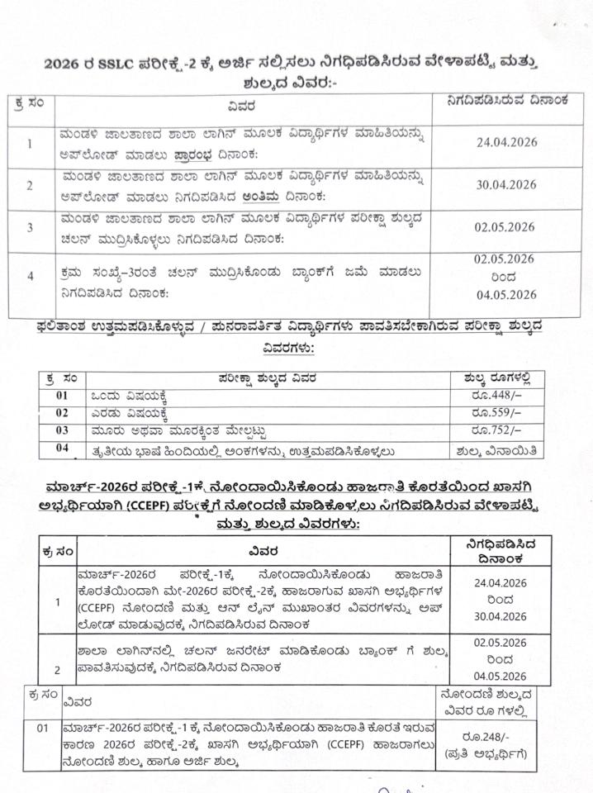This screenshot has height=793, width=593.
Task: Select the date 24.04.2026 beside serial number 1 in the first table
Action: click(506, 142)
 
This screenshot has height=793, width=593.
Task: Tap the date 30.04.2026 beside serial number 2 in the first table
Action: click(506, 185)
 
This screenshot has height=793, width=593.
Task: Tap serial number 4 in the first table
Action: click(30, 277)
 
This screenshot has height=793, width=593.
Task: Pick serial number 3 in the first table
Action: click(30, 228)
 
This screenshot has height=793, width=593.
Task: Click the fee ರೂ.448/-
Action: click(496, 395)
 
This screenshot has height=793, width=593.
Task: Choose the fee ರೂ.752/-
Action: click(496, 430)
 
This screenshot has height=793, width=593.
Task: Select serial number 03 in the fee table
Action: click(63, 430)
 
